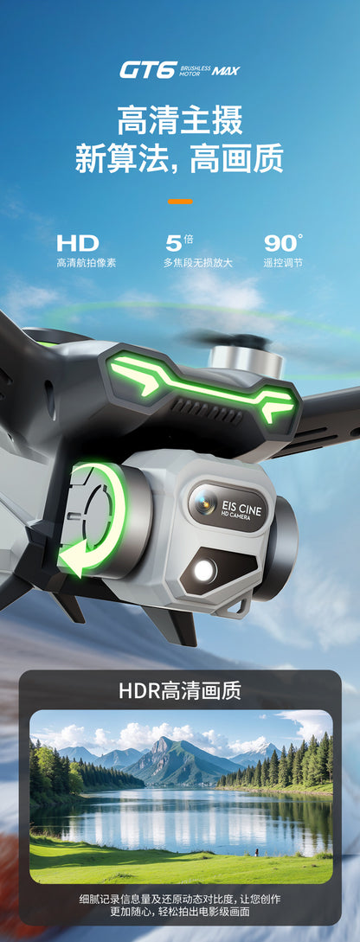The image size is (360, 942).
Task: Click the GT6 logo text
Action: pos(148,70)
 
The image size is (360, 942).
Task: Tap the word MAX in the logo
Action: pos(226,71)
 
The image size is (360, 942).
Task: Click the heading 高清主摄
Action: pos(180,120)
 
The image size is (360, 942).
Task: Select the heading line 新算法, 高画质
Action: pos(180,159)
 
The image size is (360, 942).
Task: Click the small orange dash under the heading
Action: pos(180,201)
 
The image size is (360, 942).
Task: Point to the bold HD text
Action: pos(78,244)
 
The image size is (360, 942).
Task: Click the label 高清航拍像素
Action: pos(86,263)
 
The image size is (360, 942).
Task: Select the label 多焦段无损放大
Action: pos(197,263)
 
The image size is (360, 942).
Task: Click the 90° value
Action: pos(283,244)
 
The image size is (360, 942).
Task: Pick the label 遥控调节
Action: pos(283,263)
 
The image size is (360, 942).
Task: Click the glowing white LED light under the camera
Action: pos(205,570)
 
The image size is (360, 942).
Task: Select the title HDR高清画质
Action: pos(180,690)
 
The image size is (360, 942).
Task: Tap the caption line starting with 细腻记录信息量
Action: pos(180,900)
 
